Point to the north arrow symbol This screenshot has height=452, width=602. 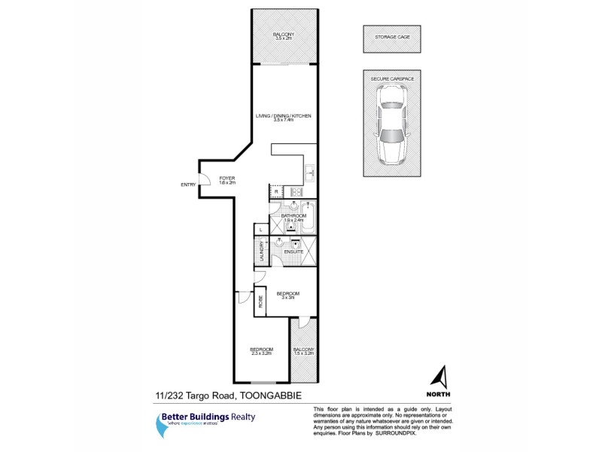[x=442, y=376]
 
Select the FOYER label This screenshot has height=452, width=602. [x=227, y=178]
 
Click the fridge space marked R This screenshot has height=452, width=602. [x=276, y=192]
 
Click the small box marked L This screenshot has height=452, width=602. [x=260, y=229]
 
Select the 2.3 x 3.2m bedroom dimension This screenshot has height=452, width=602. [x=261, y=353]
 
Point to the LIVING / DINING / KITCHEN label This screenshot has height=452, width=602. [x=283, y=116]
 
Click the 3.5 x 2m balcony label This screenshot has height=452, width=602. [x=283, y=37]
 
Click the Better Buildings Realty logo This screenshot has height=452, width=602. [x=195, y=421]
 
